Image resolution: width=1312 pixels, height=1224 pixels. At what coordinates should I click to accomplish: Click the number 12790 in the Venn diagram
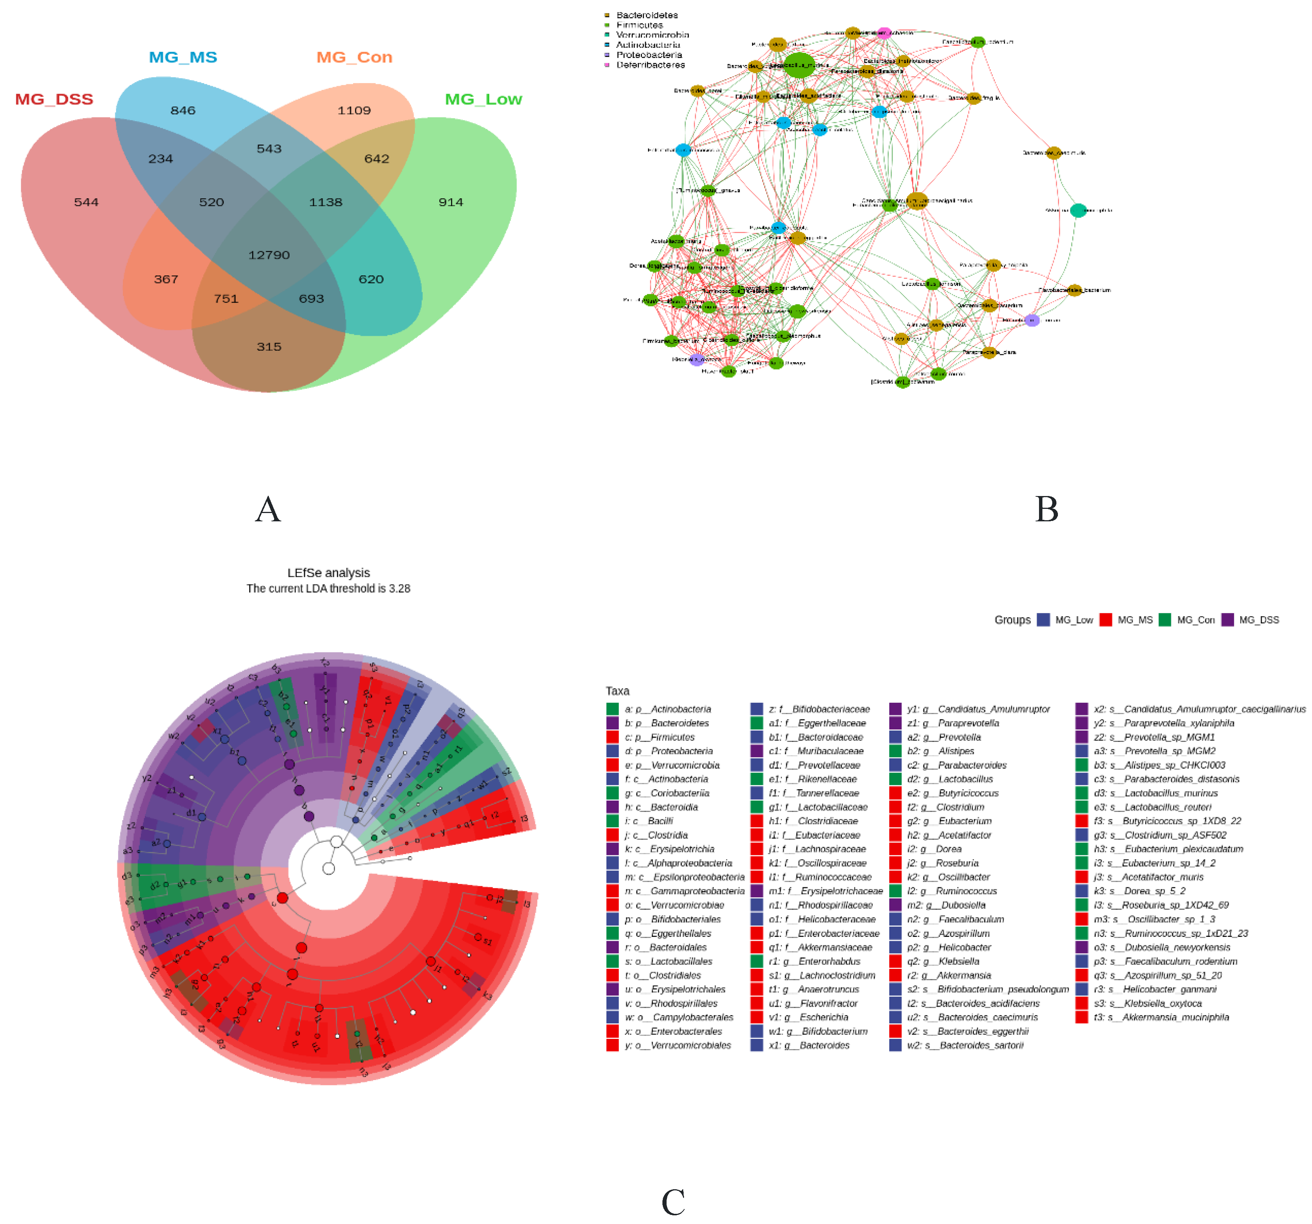pos(268,255)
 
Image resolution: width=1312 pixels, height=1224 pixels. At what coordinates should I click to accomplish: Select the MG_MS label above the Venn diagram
pos(183,57)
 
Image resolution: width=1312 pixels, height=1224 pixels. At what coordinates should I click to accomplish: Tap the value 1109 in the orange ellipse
pos(354,111)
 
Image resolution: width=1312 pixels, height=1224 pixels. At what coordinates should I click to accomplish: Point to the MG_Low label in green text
pos(483,100)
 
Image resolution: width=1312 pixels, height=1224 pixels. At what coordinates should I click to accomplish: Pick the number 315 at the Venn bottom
pos(268,347)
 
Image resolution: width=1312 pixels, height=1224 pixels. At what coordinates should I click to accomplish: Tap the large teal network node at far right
pos(1078,210)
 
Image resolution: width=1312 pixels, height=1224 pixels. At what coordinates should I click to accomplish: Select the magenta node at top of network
pos(884,32)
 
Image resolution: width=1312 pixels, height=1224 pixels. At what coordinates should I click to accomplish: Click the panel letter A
pos(268,510)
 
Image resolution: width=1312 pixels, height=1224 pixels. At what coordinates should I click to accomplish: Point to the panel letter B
pos(1047,510)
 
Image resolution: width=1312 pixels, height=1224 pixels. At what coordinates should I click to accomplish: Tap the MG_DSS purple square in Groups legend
pos(1228,620)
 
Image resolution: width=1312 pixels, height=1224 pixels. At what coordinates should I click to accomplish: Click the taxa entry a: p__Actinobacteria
pos(667,709)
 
